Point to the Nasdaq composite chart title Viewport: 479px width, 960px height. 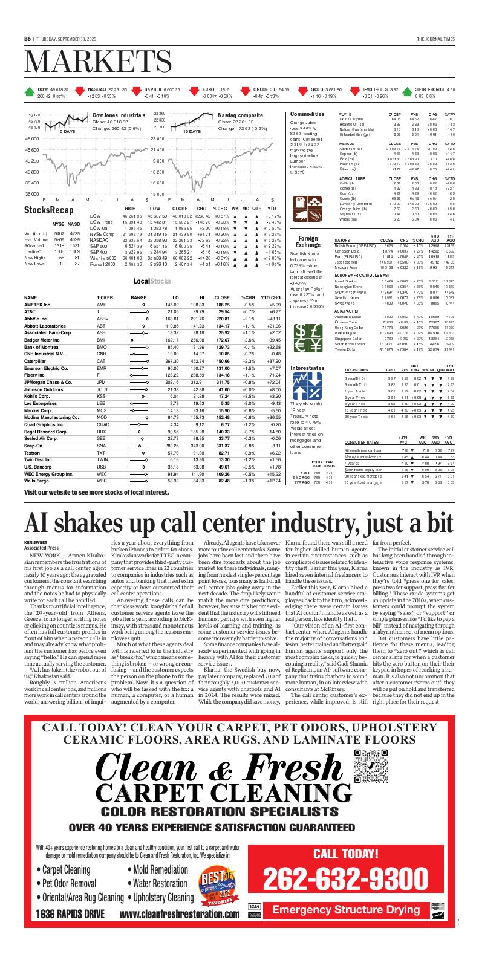coord(240,114)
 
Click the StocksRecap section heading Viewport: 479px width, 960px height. coord(45,210)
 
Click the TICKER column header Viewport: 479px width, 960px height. coord(105,298)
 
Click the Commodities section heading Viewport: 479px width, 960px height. coord(307,114)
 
